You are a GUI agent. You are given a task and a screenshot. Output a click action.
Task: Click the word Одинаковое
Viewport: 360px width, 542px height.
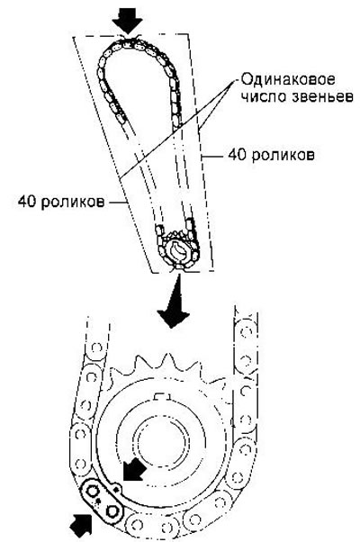click(288, 79)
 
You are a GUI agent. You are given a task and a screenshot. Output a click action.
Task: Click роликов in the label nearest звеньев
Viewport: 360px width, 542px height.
click(283, 155)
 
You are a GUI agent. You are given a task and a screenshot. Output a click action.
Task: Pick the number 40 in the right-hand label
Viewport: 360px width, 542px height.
click(237, 155)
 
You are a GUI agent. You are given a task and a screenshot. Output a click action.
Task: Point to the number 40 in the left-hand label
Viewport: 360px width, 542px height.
click(28, 201)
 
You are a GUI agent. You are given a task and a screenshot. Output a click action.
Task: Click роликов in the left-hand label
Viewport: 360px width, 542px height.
click(73, 202)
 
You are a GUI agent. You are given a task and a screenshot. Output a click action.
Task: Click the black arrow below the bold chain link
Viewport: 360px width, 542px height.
click(82, 527)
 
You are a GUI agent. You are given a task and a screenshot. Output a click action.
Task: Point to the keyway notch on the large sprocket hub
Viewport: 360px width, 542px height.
click(162, 396)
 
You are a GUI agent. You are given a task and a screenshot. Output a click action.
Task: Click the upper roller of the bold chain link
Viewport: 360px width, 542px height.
click(93, 492)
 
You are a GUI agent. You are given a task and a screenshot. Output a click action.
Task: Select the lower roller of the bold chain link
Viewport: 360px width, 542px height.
click(112, 510)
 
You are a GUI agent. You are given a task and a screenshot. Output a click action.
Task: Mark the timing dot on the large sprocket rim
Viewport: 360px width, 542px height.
click(116, 489)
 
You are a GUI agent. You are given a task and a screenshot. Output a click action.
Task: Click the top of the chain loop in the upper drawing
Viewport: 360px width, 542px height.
click(130, 43)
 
